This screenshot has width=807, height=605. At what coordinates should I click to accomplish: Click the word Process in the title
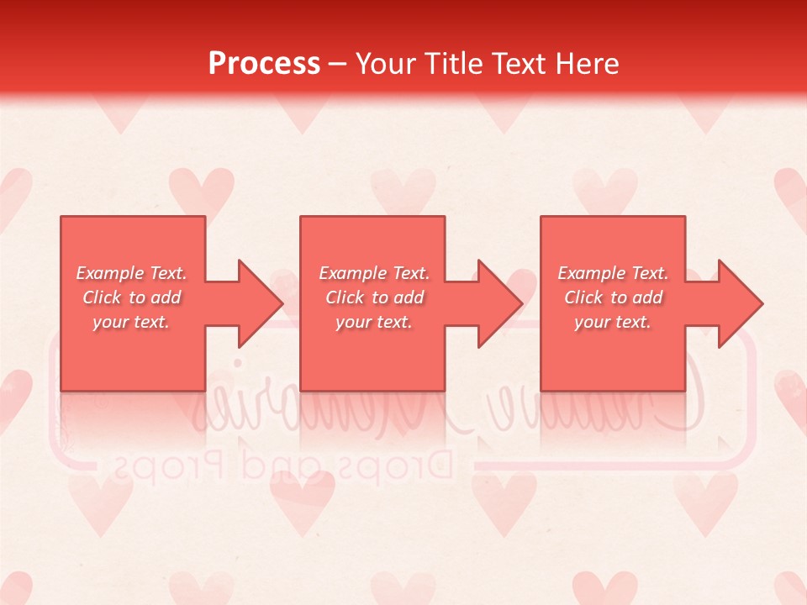(264, 63)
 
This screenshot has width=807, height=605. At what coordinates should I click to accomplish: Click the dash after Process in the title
(338, 64)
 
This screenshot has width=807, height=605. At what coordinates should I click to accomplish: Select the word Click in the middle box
(345, 297)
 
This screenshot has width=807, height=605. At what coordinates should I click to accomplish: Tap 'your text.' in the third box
(612, 322)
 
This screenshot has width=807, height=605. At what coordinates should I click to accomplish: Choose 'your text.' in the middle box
(373, 322)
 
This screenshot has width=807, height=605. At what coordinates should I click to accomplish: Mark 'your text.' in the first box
(130, 322)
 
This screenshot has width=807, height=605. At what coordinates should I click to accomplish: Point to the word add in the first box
(165, 297)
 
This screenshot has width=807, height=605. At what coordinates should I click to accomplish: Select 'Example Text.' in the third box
(612, 273)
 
